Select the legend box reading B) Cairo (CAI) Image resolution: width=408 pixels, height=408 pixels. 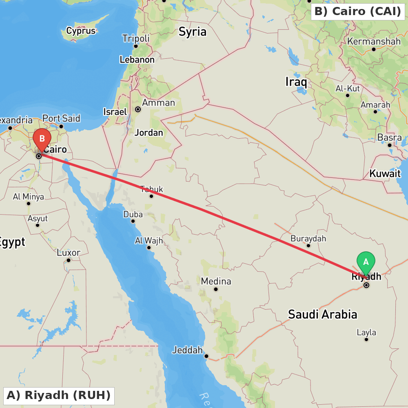tap(357, 11)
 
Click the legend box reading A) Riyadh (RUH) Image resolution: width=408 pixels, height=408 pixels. tap(58, 395)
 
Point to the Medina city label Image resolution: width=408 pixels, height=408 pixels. tap(216, 281)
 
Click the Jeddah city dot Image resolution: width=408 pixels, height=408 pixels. tap(206, 356)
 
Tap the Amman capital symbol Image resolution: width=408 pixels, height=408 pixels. tap(138, 109)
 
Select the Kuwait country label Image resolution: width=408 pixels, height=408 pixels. tap(385, 173)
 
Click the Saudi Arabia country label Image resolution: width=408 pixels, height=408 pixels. tap(322, 314)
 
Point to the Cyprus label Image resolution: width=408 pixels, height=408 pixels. tap(81, 31)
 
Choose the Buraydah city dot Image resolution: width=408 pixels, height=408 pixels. tap(308, 246)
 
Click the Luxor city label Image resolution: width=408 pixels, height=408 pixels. tap(69, 253)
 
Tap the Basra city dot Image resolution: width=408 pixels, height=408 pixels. tap(390, 145)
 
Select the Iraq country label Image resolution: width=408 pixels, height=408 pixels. tap(296, 82)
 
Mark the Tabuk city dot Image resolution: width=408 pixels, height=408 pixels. tap(151, 196)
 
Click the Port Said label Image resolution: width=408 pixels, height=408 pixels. tap(61, 118)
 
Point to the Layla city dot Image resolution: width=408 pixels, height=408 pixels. tap(366, 339)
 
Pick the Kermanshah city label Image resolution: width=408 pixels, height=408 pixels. tap(374, 41)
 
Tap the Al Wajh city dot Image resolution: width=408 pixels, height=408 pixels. tap(149, 248)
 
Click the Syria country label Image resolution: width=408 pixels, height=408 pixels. tap(193, 32)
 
